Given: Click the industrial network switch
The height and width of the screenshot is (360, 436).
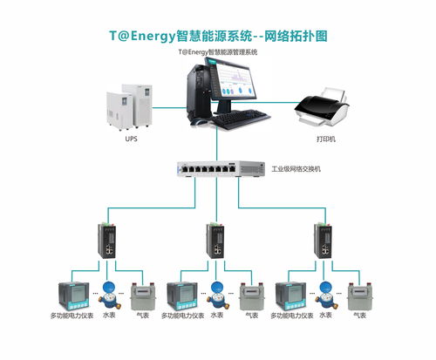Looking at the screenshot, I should tap(219, 169).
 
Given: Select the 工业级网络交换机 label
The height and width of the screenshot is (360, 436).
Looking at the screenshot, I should tap(296, 168).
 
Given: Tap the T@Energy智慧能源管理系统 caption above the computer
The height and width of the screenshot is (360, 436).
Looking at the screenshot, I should tap(218, 53).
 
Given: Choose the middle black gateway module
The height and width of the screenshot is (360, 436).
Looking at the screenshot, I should tap(215, 241).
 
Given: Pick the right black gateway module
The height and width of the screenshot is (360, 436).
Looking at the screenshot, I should tap(324, 241).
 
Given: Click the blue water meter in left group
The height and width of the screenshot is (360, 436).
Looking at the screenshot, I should tap(108, 290).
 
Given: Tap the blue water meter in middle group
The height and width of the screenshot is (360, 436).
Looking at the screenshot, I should tap(217, 290).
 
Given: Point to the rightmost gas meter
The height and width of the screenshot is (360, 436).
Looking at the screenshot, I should tap(358, 294).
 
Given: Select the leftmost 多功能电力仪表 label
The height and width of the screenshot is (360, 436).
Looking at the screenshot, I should tap(74, 316).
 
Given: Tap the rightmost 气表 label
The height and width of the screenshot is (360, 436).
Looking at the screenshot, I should tap(358, 316).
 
